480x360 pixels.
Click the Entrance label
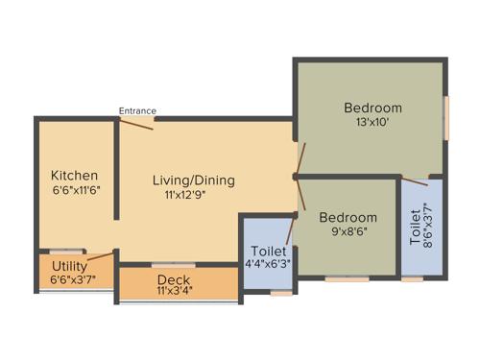point(137,110)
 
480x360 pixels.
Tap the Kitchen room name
point(74,176)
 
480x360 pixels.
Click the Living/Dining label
point(193,180)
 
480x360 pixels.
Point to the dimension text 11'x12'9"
point(186,195)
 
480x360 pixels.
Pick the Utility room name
point(70,266)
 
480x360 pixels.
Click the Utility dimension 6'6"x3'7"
point(73,279)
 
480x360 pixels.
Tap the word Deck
point(174,279)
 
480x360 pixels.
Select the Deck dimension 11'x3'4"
point(174,292)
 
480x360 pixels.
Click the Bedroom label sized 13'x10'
point(372,108)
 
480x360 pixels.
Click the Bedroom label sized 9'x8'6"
point(348,217)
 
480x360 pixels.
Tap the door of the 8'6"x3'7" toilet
point(414,180)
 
